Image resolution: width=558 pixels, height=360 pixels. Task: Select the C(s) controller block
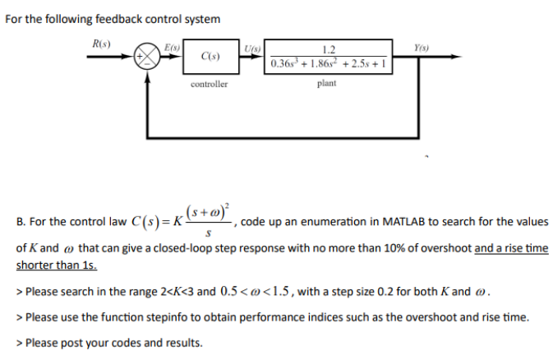209,58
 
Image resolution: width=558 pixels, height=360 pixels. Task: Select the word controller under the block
209,84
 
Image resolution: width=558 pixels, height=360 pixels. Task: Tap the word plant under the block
326,84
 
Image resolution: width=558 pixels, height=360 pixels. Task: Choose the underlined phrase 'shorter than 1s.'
56,265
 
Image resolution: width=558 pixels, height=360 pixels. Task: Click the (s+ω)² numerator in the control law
211,212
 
